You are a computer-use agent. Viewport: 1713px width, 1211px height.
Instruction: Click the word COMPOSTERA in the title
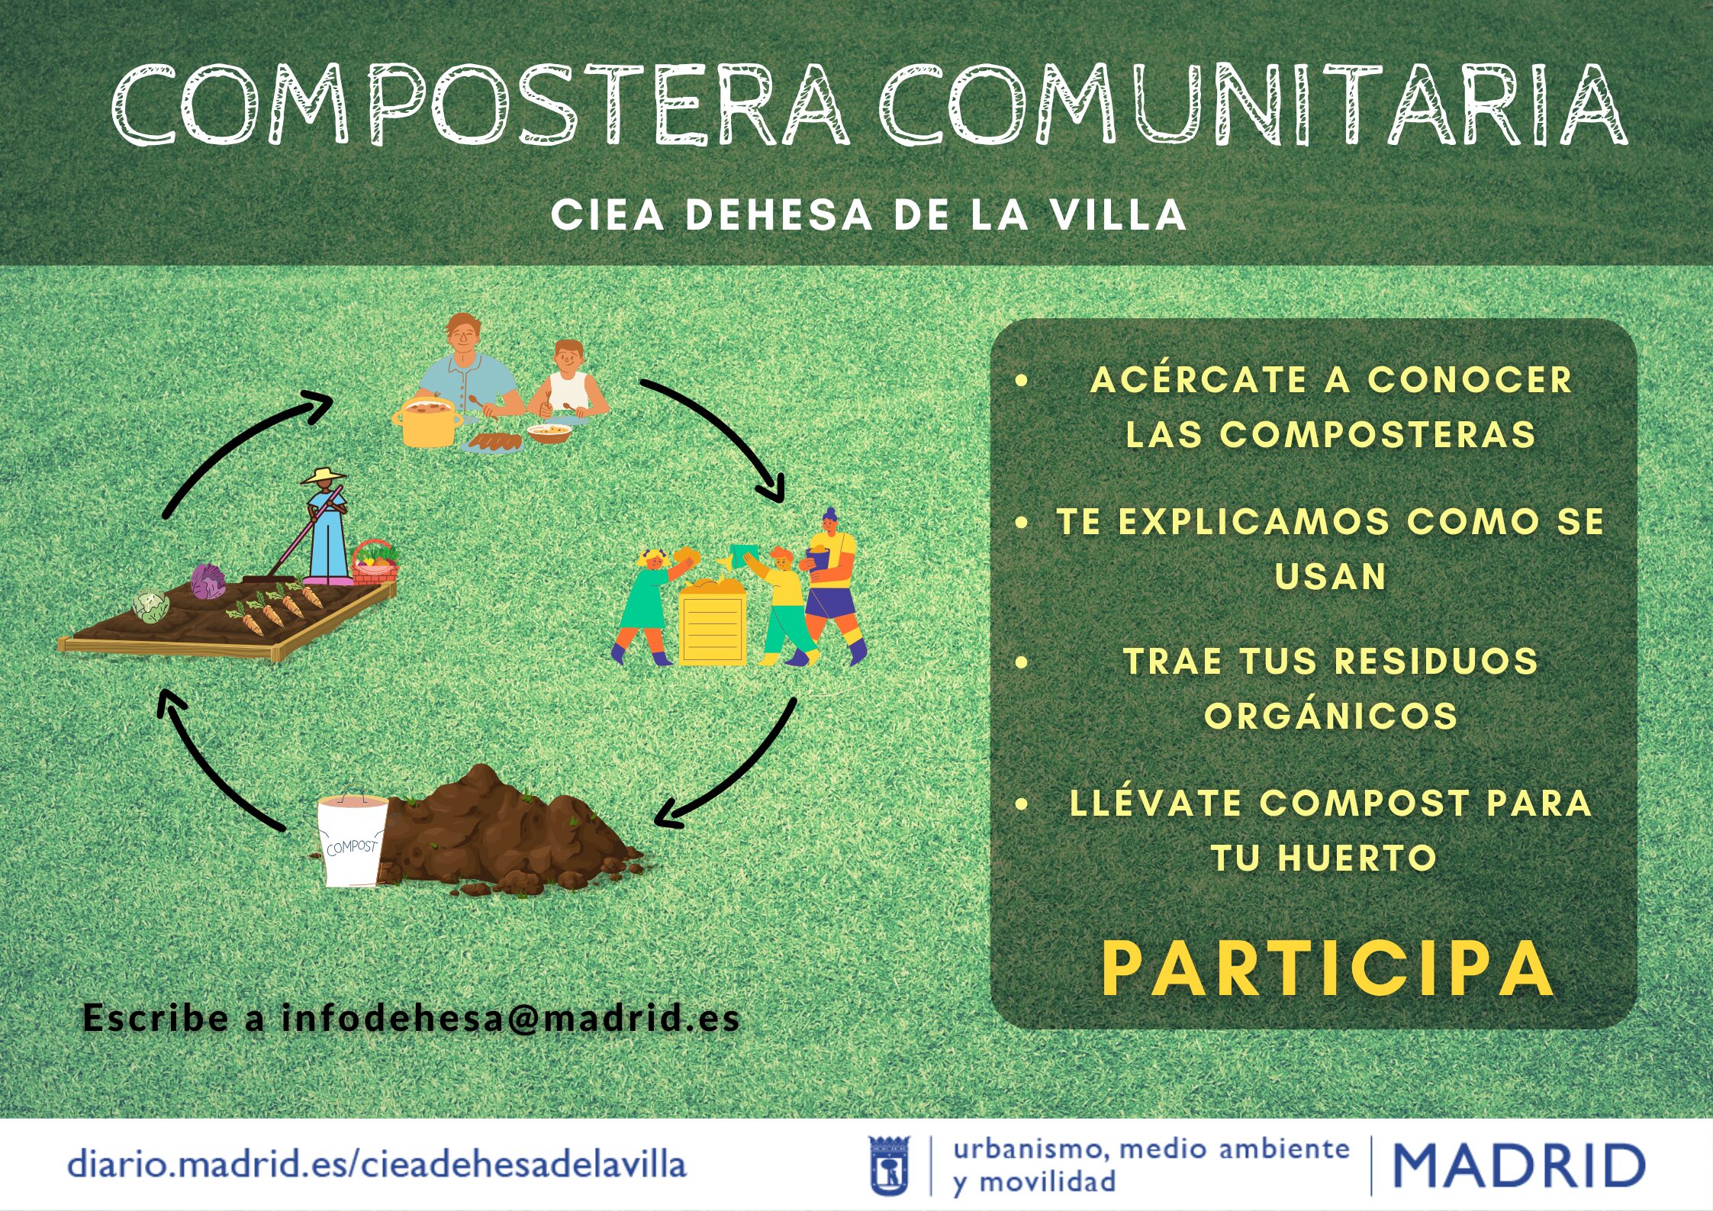click(x=481, y=105)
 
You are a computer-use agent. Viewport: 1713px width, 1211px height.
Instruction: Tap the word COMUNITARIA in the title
click(x=1254, y=105)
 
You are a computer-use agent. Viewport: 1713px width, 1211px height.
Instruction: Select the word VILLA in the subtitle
click(x=1118, y=215)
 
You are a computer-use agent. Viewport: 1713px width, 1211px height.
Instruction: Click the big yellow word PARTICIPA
click(x=1328, y=969)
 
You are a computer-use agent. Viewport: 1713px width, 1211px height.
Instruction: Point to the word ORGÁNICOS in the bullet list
click(x=1331, y=716)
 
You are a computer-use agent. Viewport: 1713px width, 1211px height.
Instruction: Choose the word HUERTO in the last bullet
click(x=1357, y=858)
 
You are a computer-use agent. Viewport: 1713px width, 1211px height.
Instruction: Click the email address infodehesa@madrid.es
click(x=510, y=1017)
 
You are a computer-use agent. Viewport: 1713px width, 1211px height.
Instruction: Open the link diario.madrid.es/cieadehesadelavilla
click(x=377, y=1164)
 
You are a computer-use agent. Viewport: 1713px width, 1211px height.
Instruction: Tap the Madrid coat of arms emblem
click(x=890, y=1165)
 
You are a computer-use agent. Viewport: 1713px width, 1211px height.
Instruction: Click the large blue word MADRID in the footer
click(x=1519, y=1165)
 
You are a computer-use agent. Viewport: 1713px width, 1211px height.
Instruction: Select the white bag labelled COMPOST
click(x=352, y=840)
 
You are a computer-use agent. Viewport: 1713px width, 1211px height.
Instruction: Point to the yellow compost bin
click(x=713, y=621)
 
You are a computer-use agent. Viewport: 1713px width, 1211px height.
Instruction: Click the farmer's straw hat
click(x=324, y=476)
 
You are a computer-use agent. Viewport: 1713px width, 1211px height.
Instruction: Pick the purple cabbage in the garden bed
click(x=208, y=581)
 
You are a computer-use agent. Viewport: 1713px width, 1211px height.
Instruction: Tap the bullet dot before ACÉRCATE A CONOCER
click(x=1022, y=381)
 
